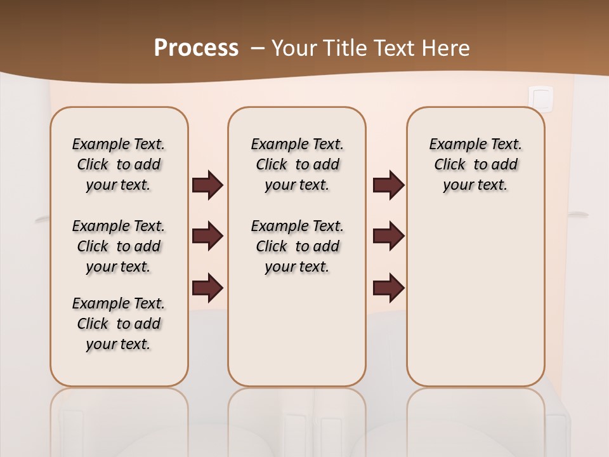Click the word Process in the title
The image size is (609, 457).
[x=196, y=48]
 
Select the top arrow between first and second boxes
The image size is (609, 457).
[x=207, y=185]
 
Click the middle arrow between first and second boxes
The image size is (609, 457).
[x=207, y=236]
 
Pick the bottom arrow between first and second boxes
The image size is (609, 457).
[x=207, y=288]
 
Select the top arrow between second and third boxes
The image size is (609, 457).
[x=388, y=185]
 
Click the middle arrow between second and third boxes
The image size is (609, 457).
[x=388, y=236]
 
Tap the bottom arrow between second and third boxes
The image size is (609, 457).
[x=388, y=288]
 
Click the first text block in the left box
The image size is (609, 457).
[x=119, y=164]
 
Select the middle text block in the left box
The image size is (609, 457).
[x=119, y=246]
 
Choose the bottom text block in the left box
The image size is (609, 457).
[x=119, y=324]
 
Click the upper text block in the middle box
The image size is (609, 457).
[x=297, y=164]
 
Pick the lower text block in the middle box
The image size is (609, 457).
[x=297, y=246]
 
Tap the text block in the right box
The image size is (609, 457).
[x=476, y=164]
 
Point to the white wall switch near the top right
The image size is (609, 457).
[x=540, y=98]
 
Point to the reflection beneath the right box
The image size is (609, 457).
[x=476, y=419]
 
